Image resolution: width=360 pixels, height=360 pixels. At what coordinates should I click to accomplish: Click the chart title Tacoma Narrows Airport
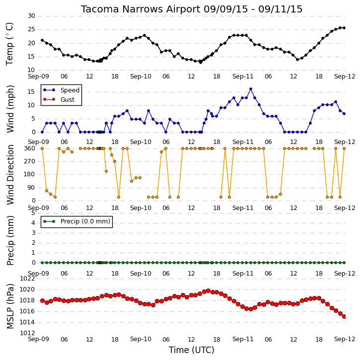(141, 9)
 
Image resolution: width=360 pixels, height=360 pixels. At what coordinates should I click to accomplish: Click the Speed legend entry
(61, 90)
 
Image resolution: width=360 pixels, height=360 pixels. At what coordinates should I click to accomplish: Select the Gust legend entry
(59, 100)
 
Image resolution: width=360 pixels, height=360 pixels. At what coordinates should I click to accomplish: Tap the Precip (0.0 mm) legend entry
(76, 221)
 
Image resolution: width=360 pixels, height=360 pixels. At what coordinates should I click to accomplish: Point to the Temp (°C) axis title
(9, 44)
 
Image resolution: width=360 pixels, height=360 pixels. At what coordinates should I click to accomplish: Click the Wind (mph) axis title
(10, 109)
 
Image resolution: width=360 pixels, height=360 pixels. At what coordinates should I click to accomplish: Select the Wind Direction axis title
(10, 175)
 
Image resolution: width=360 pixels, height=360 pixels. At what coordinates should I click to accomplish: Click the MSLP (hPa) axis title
(10, 306)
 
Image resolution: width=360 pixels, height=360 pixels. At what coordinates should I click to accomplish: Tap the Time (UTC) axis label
(192, 350)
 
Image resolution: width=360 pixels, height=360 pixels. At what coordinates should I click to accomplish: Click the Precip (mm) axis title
(10, 241)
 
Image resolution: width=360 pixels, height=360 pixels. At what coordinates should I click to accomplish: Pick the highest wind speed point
(251, 89)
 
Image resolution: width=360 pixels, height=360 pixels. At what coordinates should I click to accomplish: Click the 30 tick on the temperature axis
(31, 16)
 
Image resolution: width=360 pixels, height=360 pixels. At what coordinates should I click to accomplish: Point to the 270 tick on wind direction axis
(30, 161)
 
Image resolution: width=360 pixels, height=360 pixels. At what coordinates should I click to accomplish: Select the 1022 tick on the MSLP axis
(27, 279)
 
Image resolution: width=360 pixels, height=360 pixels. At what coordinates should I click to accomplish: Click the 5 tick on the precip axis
(34, 213)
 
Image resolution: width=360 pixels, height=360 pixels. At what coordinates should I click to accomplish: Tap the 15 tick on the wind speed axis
(31, 92)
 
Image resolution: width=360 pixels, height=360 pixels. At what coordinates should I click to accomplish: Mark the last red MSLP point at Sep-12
(344, 317)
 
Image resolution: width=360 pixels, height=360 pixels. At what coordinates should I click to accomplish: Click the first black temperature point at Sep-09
(42, 40)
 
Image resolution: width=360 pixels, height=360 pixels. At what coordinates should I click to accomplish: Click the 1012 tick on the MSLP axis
(27, 333)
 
